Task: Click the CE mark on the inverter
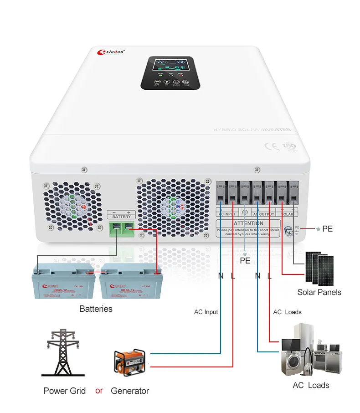(x=270, y=146)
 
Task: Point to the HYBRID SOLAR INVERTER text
(x=252, y=130)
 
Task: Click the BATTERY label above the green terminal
(x=121, y=217)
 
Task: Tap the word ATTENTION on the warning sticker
(x=248, y=223)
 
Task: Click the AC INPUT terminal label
(x=227, y=214)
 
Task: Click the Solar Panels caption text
(x=319, y=292)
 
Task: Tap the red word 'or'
(x=99, y=391)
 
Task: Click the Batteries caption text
(x=96, y=309)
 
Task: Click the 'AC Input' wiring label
(x=206, y=312)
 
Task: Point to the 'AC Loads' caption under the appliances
(x=311, y=385)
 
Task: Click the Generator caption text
(x=130, y=391)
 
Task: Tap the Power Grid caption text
(x=65, y=391)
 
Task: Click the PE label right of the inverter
(x=327, y=228)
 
